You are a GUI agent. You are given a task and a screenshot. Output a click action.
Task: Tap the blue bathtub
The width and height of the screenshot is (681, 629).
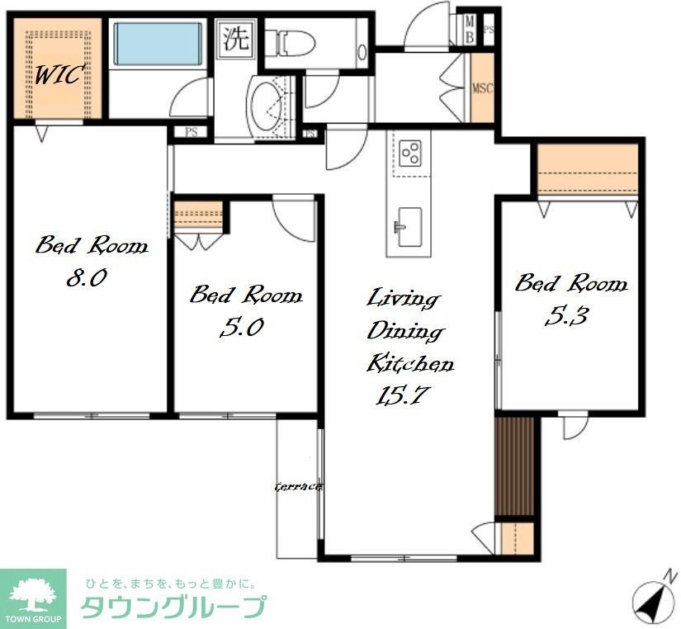click(157, 44)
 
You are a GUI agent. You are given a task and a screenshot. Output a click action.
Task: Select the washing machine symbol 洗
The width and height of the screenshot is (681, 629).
click(236, 39)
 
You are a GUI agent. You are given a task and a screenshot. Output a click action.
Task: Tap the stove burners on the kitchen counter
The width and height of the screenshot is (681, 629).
click(410, 152)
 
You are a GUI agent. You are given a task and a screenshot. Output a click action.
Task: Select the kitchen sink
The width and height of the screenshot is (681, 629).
click(409, 225)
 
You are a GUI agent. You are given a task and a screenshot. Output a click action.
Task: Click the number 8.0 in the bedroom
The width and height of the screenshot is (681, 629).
click(86, 278)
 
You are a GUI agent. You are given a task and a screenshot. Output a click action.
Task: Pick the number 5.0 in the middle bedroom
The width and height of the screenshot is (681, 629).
click(241, 328)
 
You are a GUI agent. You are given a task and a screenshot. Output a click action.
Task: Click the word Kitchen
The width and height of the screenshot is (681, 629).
click(409, 362)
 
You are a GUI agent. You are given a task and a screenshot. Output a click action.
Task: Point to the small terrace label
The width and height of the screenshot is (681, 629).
click(297, 486)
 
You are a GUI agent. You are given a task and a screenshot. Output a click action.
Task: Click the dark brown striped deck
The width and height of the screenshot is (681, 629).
click(516, 466)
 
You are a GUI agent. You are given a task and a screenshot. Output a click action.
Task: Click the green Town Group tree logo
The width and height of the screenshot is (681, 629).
click(33, 594)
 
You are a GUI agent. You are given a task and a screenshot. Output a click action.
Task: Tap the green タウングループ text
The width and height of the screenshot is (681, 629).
click(173, 608)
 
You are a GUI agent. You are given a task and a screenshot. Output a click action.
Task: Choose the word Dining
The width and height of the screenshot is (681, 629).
click(405, 331)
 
